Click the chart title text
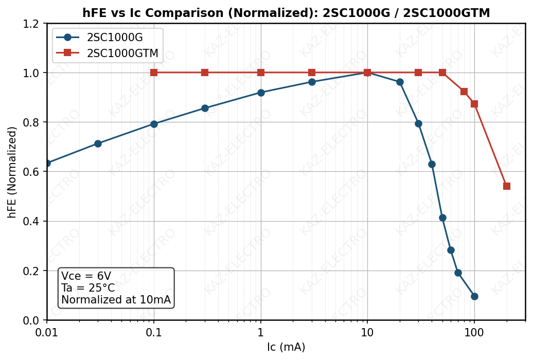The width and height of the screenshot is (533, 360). point(286,13)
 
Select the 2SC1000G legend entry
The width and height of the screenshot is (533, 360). point(115,38)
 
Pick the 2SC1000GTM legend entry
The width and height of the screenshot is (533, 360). point(122,53)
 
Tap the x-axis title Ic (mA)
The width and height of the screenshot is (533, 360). point(286,347)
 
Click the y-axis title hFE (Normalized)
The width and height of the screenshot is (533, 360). point(12,172)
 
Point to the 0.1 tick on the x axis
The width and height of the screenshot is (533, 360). point(154,332)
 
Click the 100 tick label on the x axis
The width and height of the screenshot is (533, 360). point(474,332)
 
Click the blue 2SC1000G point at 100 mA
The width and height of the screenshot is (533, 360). point(474,296)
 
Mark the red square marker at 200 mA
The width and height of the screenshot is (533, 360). point(507,186)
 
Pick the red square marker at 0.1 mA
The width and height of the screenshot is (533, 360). point(154,73)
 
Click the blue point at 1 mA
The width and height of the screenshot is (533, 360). point(261,93)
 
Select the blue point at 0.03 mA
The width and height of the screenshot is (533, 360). point(98,143)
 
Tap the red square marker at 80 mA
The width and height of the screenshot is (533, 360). point(464,92)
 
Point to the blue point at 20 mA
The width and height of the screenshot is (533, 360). point(400,82)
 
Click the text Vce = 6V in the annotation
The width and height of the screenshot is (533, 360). point(86,276)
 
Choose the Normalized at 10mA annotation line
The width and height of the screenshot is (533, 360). point(116,300)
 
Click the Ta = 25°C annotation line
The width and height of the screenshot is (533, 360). point(88,288)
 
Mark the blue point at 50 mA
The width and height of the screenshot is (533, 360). point(442,218)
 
